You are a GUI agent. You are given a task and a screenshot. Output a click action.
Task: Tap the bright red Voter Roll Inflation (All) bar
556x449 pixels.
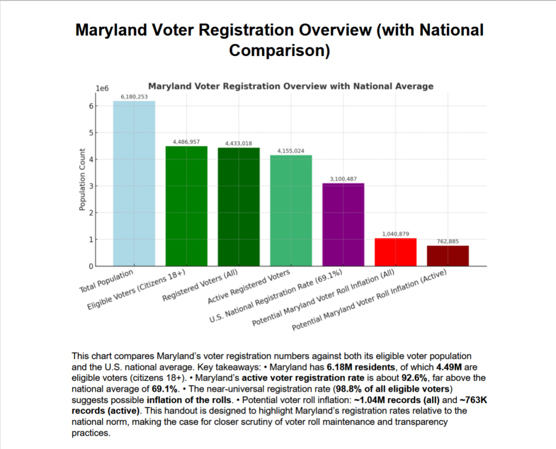point(395,252)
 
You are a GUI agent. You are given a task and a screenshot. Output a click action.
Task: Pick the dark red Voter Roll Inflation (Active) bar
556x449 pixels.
point(448,256)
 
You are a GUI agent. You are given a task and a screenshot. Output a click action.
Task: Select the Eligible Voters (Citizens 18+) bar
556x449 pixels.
point(186,206)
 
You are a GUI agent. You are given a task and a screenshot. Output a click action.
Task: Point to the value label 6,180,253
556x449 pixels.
point(134,97)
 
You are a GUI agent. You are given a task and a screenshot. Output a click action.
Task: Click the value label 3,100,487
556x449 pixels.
point(343,179)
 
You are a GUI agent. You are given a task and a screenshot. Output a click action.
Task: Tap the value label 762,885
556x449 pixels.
point(448,241)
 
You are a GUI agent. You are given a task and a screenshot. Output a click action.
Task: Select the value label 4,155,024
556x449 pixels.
point(291,151)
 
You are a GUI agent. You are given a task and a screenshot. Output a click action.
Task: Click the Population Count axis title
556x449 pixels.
point(82,179)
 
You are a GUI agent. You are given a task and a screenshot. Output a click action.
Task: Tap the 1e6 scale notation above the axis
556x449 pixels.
point(103,88)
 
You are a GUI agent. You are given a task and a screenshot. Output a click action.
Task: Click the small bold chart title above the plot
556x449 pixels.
point(290,86)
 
